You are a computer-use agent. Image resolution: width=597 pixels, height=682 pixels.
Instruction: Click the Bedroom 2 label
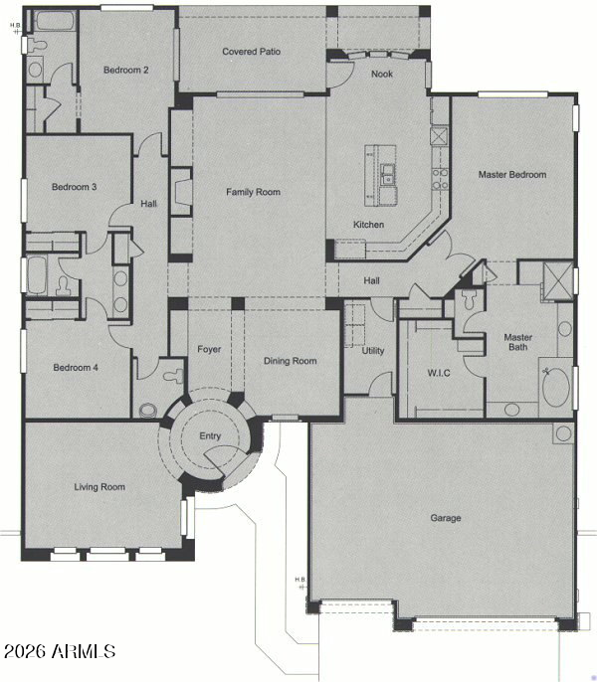126,70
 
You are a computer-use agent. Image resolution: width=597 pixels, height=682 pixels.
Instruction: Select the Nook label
381,75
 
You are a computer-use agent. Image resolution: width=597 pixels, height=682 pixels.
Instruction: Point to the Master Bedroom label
511,175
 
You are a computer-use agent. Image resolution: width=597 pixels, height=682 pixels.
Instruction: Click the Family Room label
253,192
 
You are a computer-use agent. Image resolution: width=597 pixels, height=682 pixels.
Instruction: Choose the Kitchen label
368,225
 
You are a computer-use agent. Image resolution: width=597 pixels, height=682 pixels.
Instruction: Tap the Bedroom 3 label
75,187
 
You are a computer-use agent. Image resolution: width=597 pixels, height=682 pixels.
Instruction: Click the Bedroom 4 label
75,368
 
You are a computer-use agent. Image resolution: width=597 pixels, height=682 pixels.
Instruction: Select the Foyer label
209,350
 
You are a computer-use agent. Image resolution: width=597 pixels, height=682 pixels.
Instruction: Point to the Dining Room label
290,361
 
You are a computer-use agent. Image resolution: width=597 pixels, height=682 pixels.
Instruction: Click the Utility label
373,351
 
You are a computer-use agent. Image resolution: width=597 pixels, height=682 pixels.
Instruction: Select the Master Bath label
517,342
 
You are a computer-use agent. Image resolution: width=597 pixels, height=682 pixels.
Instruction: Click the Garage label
445,517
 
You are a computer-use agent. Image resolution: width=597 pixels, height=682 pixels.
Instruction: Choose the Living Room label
99,487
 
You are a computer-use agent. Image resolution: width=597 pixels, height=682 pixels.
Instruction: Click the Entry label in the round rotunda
210,436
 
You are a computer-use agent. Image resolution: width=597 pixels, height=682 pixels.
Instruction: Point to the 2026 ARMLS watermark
60,652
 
